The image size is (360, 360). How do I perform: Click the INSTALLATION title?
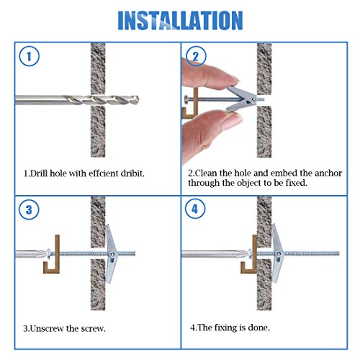(x=179, y=19)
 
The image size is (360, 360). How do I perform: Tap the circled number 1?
(x=28, y=57)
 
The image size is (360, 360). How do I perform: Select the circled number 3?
(x=28, y=210)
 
